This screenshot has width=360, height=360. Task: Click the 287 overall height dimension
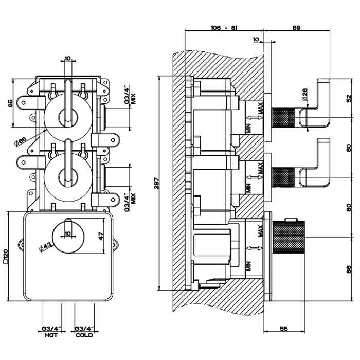156,184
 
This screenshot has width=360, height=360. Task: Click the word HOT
51,335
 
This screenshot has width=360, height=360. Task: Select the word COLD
84,335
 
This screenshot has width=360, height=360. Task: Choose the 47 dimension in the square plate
101,237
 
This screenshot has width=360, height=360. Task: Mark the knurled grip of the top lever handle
283,114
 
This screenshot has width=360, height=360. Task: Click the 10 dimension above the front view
67,58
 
